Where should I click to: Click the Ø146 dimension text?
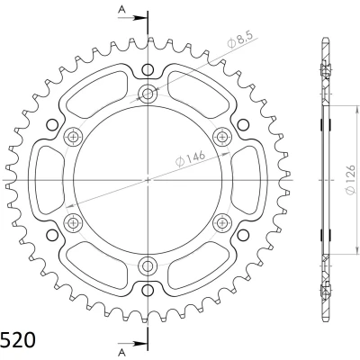190,158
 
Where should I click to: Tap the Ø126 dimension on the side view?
350,180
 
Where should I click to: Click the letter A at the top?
121,10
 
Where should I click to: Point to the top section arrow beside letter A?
132,18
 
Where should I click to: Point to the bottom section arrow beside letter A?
132,343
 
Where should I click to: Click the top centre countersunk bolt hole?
148,94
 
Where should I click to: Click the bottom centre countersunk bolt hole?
148,265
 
